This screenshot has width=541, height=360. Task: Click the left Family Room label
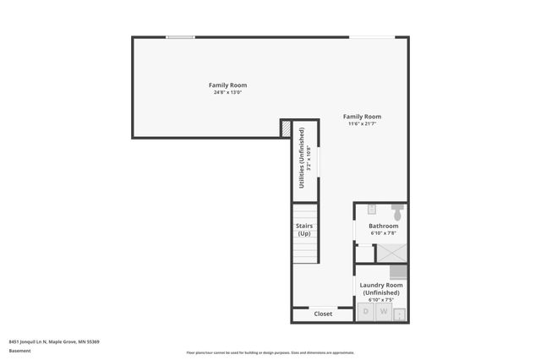click(227, 85)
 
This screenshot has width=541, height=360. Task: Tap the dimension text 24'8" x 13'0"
click(227, 92)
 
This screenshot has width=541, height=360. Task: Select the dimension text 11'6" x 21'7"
click(362, 124)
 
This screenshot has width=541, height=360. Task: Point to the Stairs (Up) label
click(304, 229)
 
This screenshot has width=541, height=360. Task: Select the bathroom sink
click(371, 209)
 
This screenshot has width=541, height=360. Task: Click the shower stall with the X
click(391, 252)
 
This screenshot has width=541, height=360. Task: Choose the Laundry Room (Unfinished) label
click(381, 289)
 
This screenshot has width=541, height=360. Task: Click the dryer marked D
click(366, 313)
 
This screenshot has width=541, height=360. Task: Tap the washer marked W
click(383, 313)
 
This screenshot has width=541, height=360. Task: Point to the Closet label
click(323, 314)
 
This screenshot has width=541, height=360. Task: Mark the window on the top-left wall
click(179, 37)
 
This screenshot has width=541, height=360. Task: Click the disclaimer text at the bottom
click(270, 352)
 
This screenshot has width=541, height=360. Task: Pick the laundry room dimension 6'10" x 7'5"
click(381, 300)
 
